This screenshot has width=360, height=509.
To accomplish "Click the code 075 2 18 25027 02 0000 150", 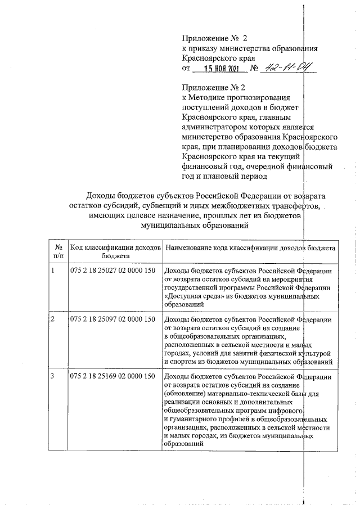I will tap(112, 271).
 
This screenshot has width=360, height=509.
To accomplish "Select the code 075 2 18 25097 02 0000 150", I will tap(112, 319).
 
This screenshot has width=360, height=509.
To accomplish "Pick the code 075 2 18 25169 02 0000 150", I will tap(112, 376).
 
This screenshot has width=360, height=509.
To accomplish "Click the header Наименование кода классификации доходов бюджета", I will tap(249, 247).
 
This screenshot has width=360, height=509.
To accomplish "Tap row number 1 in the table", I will tap(53, 271).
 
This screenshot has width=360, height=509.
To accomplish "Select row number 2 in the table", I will tap(53, 319).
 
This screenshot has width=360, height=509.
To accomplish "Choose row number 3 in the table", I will tap(53, 376).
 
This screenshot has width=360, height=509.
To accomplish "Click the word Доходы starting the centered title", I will tap(100, 195).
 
